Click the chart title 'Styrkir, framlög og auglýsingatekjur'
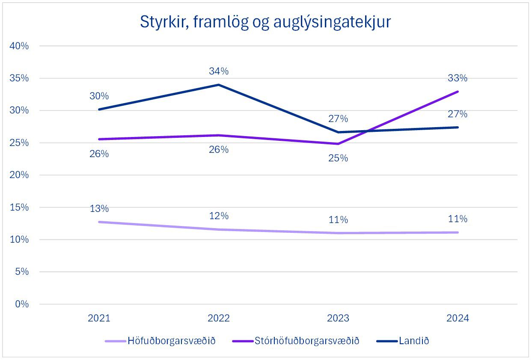pyautogui.click(x=265, y=22)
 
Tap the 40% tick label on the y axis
pyautogui.click(x=19, y=46)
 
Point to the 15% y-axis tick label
pyautogui.click(x=19, y=207)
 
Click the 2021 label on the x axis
pyautogui.click(x=99, y=318)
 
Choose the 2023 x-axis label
pyautogui.click(x=338, y=318)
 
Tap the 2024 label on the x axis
pyautogui.click(x=458, y=318)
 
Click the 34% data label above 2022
pyautogui.click(x=219, y=71)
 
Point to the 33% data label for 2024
pyautogui.click(x=458, y=78)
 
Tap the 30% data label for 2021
pyautogui.click(x=99, y=96)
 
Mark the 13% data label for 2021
pyautogui.click(x=99, y=209)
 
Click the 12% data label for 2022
pyautogui.click(x=219, y=216)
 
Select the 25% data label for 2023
pyautogui.click(x=338, y=158)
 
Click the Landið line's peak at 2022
pyautogui.click(x=219, y=85)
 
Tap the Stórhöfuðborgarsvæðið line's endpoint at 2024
pyautogui.click(x=458, y=92)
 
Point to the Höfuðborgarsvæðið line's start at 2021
pyautogui.click(x=99, y=222)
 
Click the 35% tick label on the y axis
pyautogui.click(x=19, y=78)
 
